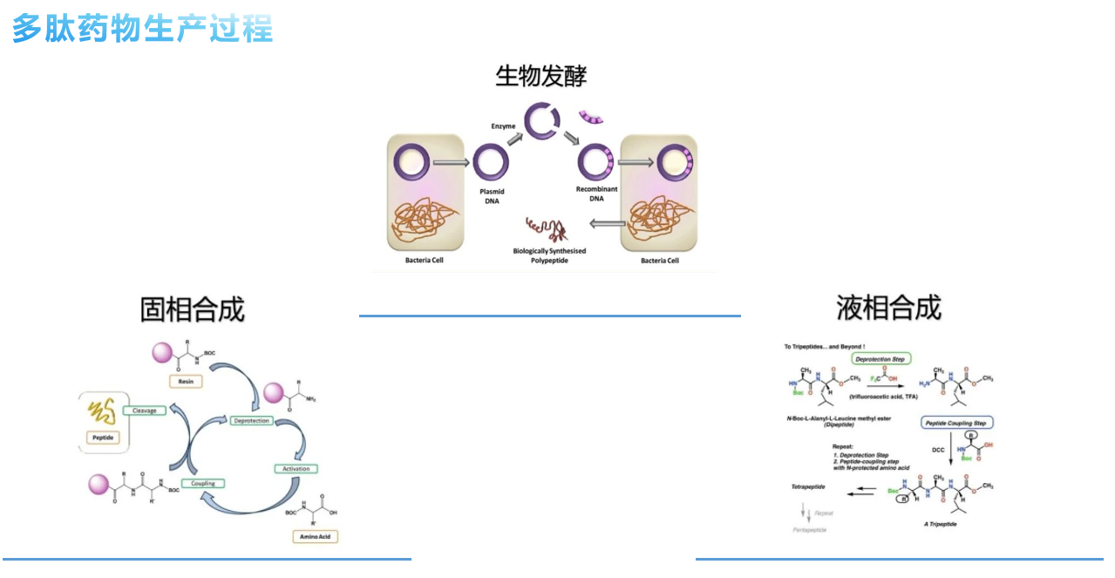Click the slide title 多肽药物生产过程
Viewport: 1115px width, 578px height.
(142, 29)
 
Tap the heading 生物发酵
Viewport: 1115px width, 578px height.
(541, 76)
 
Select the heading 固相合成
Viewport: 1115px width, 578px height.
(192, 309)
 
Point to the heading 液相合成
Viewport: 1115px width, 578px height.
(888, 308)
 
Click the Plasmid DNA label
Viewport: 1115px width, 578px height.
(493, 196)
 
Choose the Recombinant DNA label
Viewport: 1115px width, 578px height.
(596, 194)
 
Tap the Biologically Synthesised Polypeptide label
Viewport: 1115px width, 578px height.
(549, 255)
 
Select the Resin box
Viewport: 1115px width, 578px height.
(186, 381)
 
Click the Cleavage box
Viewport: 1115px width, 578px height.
(144, 410)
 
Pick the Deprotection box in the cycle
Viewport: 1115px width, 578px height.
(252, 420)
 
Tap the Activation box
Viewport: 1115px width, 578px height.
(296, 469)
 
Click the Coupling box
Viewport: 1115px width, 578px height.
(203, 483)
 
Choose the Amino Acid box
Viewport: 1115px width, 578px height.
(315, 536)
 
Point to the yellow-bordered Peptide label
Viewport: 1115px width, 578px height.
(102, 438)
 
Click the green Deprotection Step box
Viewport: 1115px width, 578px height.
(880, 358)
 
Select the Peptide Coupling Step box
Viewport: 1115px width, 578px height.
(956, 423)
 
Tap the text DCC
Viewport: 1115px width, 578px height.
(937, 450)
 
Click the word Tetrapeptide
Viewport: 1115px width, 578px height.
(808, 486)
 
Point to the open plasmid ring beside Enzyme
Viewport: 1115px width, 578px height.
(541, 122)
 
